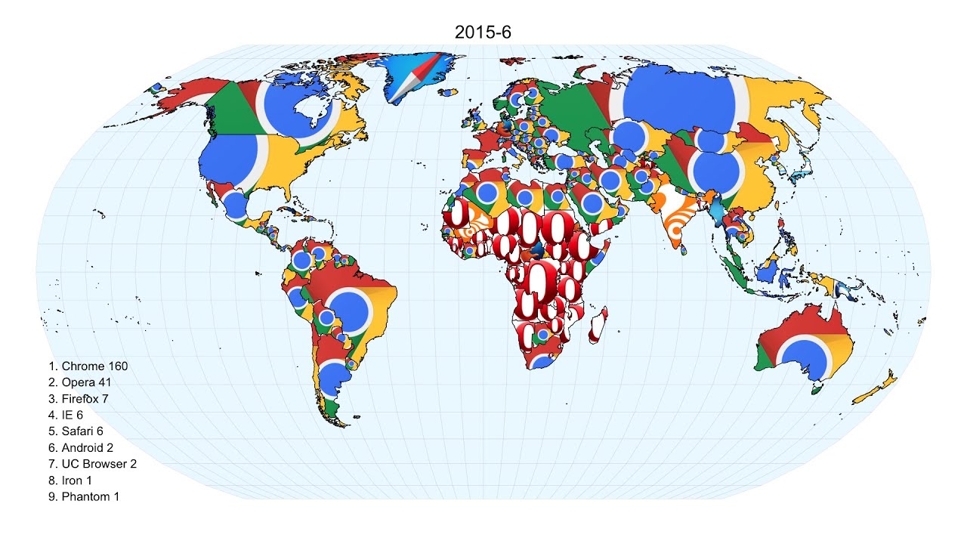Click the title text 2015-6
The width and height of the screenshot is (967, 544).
point(483,32)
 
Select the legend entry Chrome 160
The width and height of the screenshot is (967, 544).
point(88,366)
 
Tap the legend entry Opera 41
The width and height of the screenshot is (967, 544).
point(79,382)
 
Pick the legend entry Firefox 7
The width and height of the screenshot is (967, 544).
point(79,399)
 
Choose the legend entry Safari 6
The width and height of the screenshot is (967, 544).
point(76,431)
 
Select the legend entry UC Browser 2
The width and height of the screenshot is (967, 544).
point(92,464)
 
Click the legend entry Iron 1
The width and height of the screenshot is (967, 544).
point(70,480)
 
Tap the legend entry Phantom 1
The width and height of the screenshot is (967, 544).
point(83,496)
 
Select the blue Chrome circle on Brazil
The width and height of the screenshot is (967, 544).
point(348,311)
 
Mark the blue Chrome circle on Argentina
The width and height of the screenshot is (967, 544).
point(332,377)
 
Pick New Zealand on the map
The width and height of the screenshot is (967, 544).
point(876,386)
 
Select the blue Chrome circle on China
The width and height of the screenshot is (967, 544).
point(715,173)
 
